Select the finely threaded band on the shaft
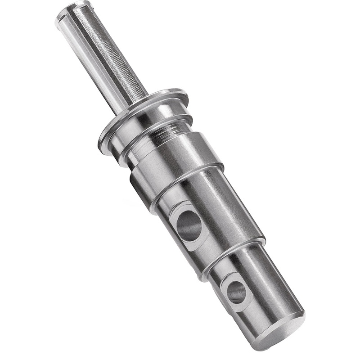coord(164,135)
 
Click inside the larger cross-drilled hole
coord(189,225)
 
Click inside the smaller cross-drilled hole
coord(237,292)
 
